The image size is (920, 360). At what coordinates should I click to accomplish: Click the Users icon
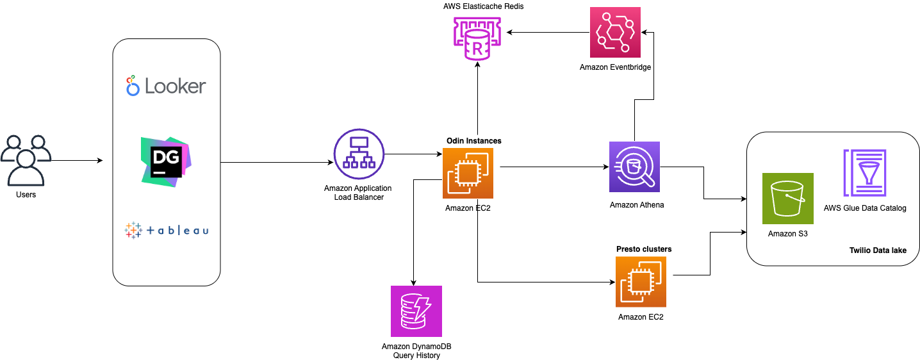tap(25, 160)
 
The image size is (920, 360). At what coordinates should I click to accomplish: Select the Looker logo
tap(166, 86)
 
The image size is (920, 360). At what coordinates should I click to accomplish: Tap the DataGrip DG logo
tap(166, 161)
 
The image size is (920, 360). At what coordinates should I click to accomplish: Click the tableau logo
tap(166, 230)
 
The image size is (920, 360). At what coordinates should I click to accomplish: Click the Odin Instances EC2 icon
tap(468, 173)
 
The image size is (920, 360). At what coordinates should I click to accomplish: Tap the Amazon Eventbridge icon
tap(615, 32)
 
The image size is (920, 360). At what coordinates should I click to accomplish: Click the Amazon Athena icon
tap(634, 168)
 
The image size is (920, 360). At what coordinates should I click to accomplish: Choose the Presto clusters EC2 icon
tap(641, 282)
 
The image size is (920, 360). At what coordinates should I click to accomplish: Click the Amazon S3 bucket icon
tap(787, 198)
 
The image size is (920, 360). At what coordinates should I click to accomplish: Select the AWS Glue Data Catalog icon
tap(864, 173)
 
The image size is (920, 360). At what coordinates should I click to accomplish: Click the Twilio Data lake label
tap(877, 250)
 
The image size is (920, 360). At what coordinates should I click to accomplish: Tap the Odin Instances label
tap(473, 140)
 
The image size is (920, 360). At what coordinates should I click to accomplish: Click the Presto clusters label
tap(643, 249)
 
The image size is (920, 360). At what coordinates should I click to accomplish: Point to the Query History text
tap(416, 355)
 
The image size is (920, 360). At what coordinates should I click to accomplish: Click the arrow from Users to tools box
tap(77, 160)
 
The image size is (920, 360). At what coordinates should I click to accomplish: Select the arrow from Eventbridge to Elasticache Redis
tap(545, 32)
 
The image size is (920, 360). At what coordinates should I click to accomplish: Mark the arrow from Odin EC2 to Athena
tap(554, 168)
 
